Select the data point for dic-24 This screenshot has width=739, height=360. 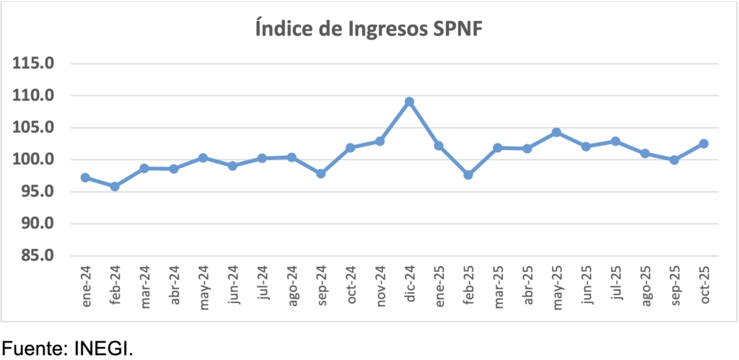click(x=409, y=102)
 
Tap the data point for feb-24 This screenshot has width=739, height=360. click(x=115, y=186)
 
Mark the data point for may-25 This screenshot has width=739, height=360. click(x=556, y=133)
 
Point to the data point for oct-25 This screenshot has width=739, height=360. click(x=704, y=144)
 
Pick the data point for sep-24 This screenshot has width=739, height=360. click(x=321, y=174)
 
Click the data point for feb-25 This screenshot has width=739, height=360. click(x=468, y=175)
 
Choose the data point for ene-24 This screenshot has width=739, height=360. click(x=85, y=177)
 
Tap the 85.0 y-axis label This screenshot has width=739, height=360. click(x=38, y=256)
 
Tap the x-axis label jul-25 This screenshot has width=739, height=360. click(x=616, y=288)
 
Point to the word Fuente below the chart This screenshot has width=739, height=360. click(x=33, y=347)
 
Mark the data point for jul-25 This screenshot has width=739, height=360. click(x=616, y=141)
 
